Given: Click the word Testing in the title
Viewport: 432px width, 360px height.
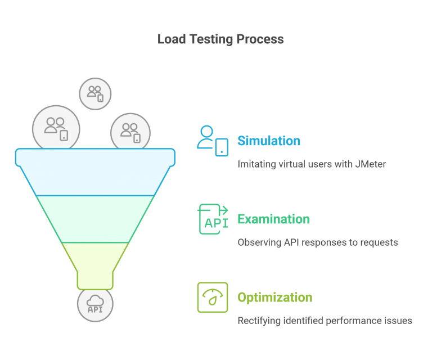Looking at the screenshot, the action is click(211, 40).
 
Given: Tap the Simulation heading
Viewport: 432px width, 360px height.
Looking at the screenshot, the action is click(269, 141).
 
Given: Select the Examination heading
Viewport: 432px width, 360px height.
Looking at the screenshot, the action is click(273, 219).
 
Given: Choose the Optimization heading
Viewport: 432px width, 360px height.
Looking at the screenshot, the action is click(275, 298).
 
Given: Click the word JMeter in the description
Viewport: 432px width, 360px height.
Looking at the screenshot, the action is click(370, 164).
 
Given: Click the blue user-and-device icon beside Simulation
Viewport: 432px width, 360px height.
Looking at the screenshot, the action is click(213, 141).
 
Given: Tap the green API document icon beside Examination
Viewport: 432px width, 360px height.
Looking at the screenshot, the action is click(213, 219).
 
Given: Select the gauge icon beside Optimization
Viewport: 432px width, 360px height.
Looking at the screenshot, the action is click(213, 297).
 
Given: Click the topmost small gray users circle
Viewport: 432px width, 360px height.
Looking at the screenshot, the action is click(95, 93).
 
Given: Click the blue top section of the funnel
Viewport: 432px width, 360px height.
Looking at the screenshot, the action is click(95, 172).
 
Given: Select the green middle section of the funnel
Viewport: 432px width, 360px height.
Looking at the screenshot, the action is click(95, 219).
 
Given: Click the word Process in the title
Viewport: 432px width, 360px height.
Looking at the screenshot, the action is click(260, 39).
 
